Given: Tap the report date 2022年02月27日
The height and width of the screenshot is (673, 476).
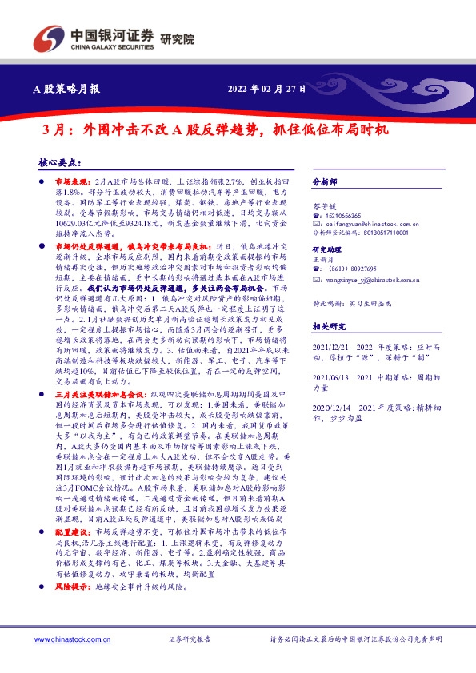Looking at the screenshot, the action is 268,89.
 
